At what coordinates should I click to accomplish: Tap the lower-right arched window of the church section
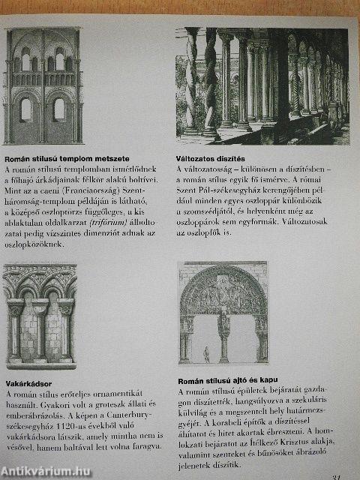[x=58, y=110]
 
